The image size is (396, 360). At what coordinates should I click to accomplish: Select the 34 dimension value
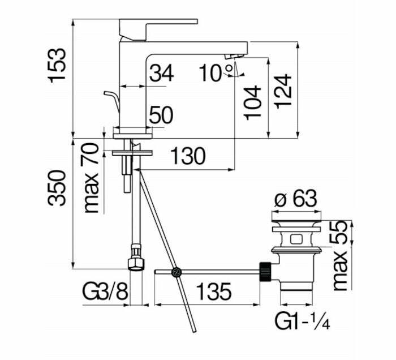point(161,73)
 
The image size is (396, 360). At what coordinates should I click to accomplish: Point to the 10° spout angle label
point(214,72)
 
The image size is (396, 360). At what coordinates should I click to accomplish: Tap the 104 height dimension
point(253,102)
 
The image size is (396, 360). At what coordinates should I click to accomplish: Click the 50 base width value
point(160,116)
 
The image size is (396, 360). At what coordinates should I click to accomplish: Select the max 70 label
point(91,178)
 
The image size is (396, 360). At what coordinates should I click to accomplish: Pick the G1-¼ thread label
point(302,322)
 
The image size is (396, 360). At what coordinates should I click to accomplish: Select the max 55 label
point(339,255)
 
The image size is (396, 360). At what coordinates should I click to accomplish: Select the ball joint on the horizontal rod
point(177,273)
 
